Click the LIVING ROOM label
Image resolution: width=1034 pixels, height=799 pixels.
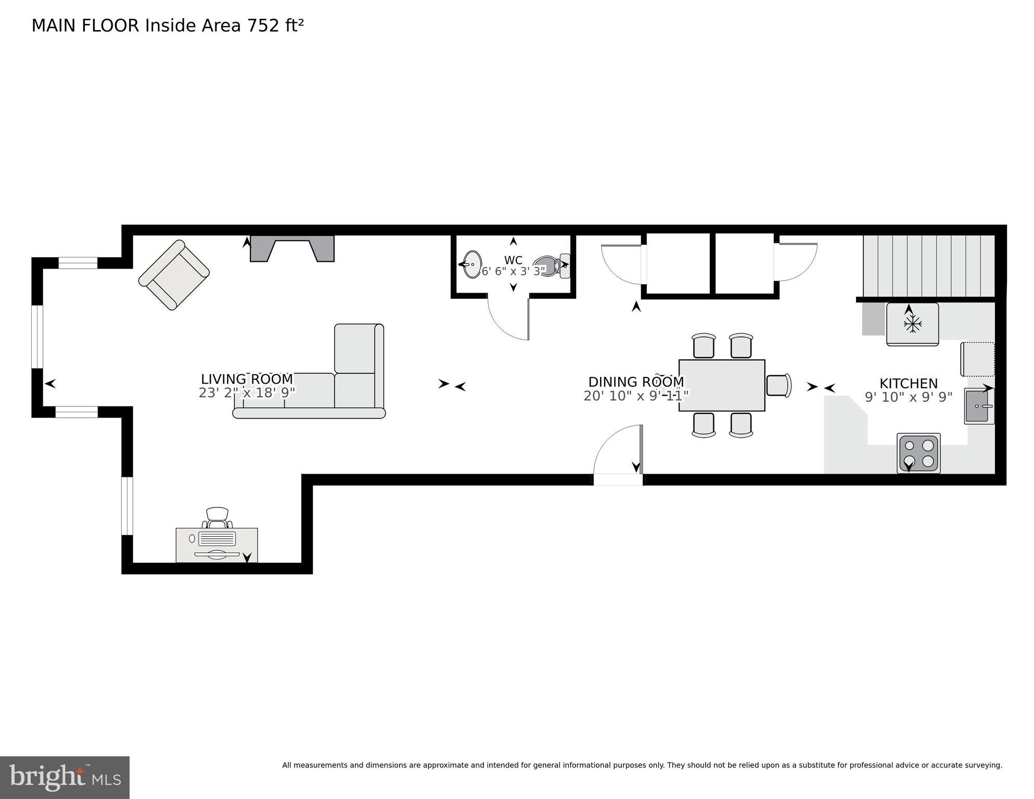coord(247,379)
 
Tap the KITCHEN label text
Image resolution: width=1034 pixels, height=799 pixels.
coord(909,384)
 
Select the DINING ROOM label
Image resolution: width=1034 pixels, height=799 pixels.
coord(636,382)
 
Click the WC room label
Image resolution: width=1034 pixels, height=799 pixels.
coord(513,260)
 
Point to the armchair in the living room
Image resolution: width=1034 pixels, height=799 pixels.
coord(174,275)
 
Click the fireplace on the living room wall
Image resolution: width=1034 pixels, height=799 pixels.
coord(292,248)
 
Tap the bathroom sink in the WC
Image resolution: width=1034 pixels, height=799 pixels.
coord(471,264)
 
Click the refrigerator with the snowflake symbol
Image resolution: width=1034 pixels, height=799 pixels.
coord(913,324)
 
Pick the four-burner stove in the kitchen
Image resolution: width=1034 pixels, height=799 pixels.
coord(918,453)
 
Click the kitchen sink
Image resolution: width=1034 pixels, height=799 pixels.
coord(979,406)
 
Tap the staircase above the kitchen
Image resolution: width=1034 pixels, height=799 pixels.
coord(929,265)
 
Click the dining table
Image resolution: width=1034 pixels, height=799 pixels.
coord(722,385)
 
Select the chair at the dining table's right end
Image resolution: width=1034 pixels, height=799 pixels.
coord(779,385)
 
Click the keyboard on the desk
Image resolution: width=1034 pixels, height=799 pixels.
coord(217,538)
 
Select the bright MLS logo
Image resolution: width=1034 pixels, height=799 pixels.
coord(65,778)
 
